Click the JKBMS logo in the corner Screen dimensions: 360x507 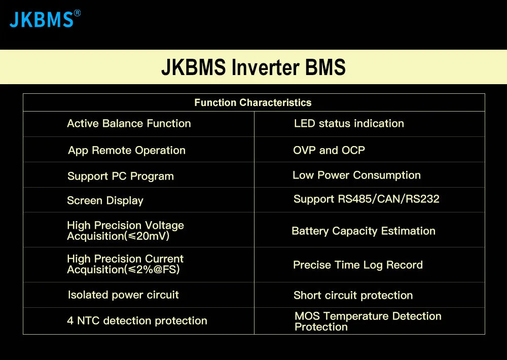[42, 19]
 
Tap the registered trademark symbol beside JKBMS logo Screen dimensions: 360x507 [77, 13]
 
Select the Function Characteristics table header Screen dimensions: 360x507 [253, 102]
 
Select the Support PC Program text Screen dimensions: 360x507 [121, 176]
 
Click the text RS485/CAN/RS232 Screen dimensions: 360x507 [388, 199]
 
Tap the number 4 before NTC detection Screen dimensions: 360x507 [70, 321]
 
